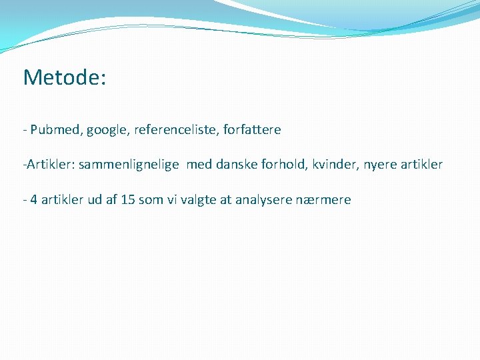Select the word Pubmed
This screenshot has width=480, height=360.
[x=56, y=130]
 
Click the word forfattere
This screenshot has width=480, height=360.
[x=253, y=130]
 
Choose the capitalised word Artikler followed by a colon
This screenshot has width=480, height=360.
[x=49, y=165]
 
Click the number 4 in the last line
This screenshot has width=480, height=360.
[x=33, y=199]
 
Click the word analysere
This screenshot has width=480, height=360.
[x=265, y=199]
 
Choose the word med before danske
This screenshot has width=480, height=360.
[x=198, y=165]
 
